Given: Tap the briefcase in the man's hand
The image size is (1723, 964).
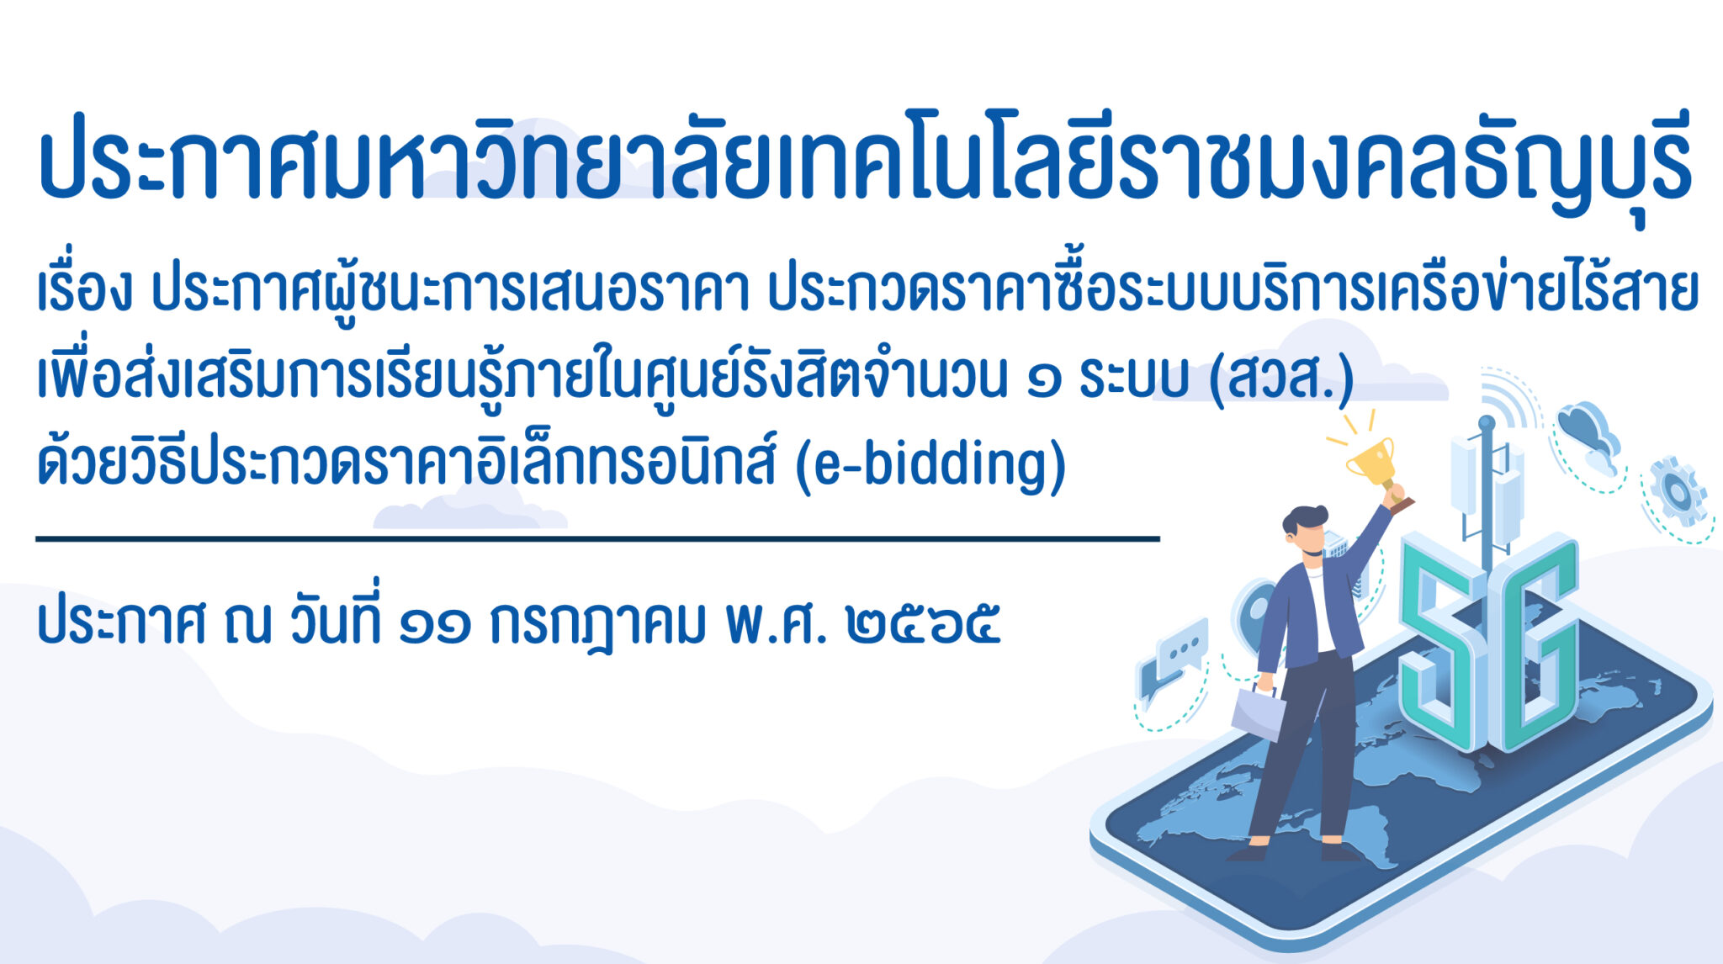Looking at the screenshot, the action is click(1258, 714).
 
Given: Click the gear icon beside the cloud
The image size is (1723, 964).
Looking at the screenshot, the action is click(1678, 491).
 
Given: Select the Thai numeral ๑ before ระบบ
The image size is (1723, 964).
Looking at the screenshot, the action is click(1044, 382).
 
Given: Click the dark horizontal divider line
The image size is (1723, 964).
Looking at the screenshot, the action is click(597, 538).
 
